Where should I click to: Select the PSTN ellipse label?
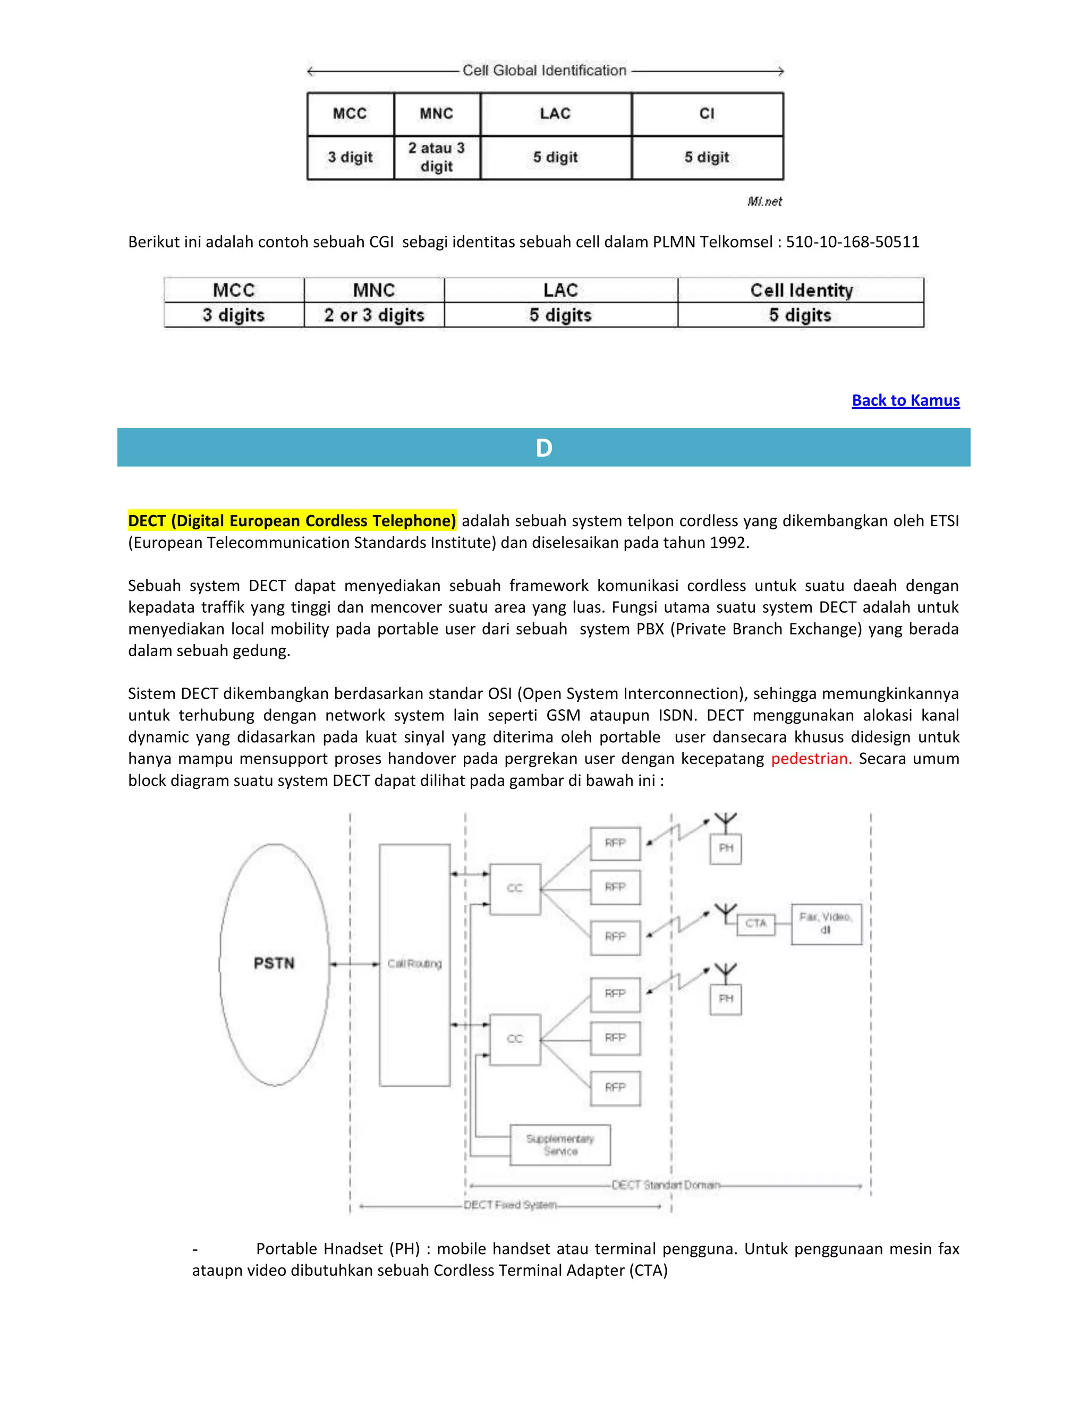(x=274, y=963)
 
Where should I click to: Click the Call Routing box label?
(x=414, y=964)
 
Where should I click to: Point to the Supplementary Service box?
(x=559, y=1145)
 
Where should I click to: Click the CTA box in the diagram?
(x=755, y=923)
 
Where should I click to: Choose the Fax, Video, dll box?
(x=826, y=923)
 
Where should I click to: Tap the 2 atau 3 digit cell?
(x=436, y=157)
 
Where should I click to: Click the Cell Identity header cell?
(x=801, y=290)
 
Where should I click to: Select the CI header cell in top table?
(x=707, y=114)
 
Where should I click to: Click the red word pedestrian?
(x=811, y=758)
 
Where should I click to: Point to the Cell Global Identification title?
(x=544, y=70)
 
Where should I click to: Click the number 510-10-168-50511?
(x=852, y=242)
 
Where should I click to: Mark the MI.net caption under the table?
(x=764, y=202)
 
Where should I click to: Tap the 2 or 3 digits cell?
(x=374, y=315)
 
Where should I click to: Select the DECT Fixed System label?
(x=510, y=1205)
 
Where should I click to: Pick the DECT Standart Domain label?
(x=665, y=1185)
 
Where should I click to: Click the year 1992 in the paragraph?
(x=728, y=543)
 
